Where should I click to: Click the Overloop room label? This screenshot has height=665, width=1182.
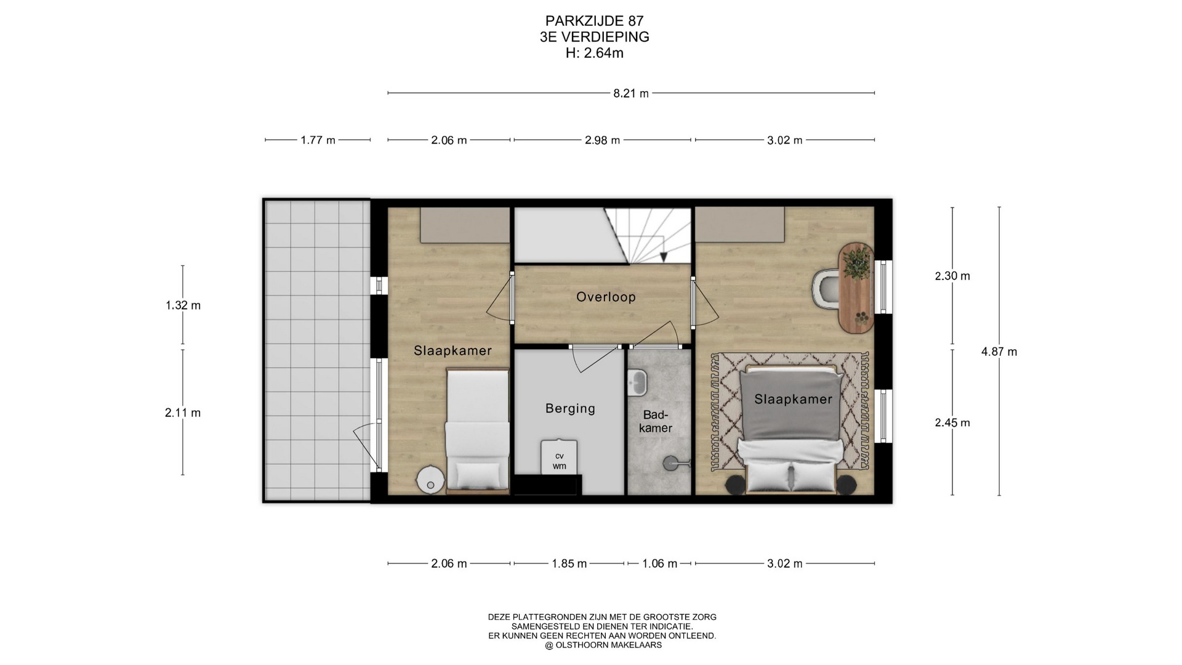tap(606, 297)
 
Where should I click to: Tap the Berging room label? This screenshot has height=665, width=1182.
tap(570, 409)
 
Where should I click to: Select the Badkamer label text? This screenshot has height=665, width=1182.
tap(656, 422)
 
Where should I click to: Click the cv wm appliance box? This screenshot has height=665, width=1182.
tap(559, 457)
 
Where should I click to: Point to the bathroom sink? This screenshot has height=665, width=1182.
tap(637, 382)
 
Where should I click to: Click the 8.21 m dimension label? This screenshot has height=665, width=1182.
tap(631, 94)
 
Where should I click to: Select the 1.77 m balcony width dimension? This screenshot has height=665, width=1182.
tap(318, 140)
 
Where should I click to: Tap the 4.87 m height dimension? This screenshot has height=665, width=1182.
tap(999, 352)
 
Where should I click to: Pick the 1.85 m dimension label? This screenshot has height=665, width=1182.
tap(569, 563)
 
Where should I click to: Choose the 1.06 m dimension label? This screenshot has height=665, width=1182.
tap(659, 563)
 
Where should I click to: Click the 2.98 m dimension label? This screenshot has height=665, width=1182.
tap(602, 140)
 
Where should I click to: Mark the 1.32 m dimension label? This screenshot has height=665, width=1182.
tap(183, 305)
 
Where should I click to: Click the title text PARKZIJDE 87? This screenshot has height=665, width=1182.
tap(595, 22)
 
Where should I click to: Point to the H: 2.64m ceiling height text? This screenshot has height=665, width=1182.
tap(595, 54)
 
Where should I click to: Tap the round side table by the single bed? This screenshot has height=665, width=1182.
tap(430, 480)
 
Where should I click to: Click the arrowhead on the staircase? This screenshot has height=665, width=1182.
tap(664, 257)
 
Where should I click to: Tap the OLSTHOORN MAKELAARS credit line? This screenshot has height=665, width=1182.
tap(603, 645)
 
